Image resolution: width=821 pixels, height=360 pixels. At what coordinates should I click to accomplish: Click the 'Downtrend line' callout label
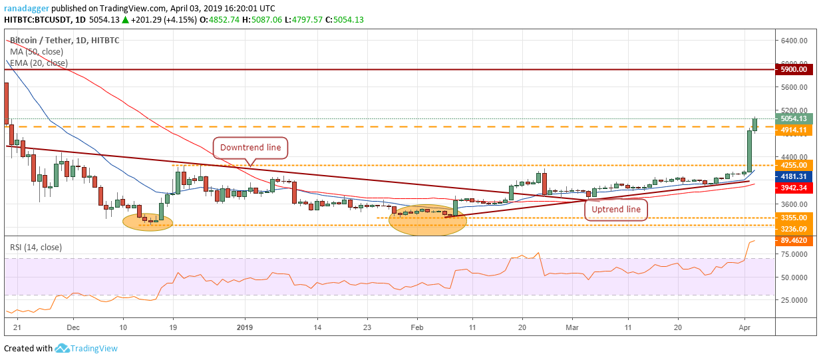coord(250,148)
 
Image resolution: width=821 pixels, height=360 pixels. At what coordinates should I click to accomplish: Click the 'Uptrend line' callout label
coord(615,209)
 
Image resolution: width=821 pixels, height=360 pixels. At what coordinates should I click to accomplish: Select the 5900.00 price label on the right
coord(794,69)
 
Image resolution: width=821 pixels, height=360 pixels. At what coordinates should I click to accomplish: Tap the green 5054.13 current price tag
coord(794,118)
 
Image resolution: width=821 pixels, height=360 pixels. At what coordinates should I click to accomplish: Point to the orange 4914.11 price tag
coord(794,130)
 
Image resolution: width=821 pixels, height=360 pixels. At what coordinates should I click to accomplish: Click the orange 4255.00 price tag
coord(794,165)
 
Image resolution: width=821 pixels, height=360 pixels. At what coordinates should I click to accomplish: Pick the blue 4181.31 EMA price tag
coord(794,176)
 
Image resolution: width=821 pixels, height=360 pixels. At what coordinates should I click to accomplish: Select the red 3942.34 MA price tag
coord(794,188)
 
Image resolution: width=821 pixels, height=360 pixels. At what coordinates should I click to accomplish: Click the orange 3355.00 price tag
coord(794,218)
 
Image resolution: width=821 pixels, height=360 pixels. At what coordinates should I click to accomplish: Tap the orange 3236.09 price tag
coord(794,228)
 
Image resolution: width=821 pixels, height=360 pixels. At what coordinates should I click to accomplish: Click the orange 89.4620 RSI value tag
coord(794,241)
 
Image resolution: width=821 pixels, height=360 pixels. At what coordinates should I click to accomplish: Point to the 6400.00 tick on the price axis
coord(794,41)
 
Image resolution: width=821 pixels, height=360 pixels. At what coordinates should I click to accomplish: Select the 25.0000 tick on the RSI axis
coord(794,300)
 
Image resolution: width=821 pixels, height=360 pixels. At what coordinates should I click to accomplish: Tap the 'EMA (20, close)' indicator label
coord(38,63)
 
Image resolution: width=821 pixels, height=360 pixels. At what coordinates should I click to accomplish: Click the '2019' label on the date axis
coord(245,327)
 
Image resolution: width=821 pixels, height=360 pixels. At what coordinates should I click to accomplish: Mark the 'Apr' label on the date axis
coord(745,327)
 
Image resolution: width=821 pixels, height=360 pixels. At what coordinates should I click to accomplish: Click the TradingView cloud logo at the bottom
coord(63,348)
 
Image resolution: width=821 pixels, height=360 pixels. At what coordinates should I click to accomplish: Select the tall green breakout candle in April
coord(748,151)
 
